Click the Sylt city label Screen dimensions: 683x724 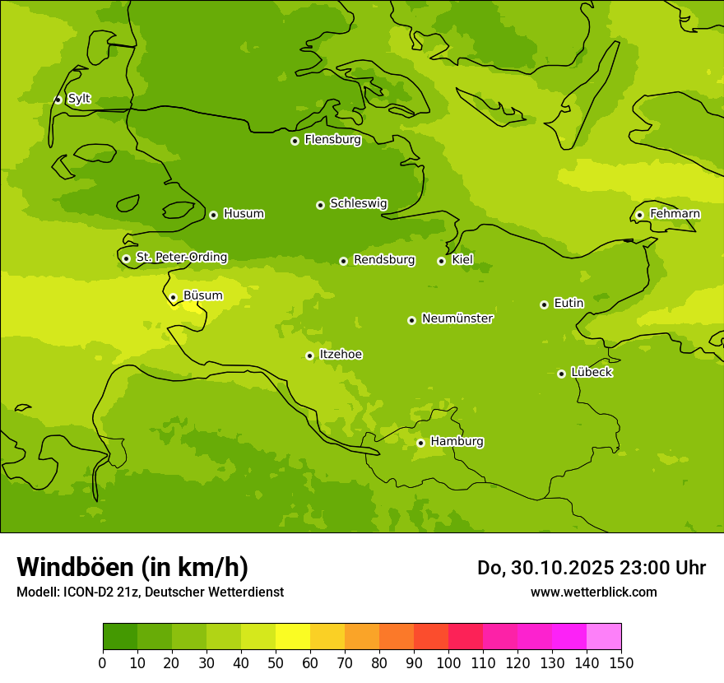[x=79, y=99]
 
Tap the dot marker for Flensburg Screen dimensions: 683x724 [x=295, y=141]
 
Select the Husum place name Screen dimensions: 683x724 [x=244, y=214]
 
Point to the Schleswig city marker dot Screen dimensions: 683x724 [x=320, y=205]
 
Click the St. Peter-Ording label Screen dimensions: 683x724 [x=181, y=258]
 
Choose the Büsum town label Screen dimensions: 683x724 [x=202, y=295]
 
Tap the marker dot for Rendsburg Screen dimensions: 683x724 [x=343, y=261]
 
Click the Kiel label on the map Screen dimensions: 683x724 [x=462, y=260]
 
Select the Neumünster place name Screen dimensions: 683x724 [x=457, y=318]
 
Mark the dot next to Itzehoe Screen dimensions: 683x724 [x=309, y=355]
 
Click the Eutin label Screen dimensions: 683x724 [x=569, y=304]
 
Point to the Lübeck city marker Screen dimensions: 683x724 [x=561, y=374]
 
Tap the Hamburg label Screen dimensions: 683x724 [x=457, y=442]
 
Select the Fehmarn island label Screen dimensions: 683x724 [x=675, y=214]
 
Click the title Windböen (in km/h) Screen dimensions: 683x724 [x=132, y=567]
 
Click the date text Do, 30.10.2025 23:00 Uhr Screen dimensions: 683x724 [x=591, y=568]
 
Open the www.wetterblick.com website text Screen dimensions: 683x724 [x=593, y=592]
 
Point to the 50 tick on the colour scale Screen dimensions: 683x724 [x=276, y=663]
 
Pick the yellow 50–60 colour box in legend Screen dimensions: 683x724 [x=293, y=637]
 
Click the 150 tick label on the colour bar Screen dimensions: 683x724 [x=620, y=663]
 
